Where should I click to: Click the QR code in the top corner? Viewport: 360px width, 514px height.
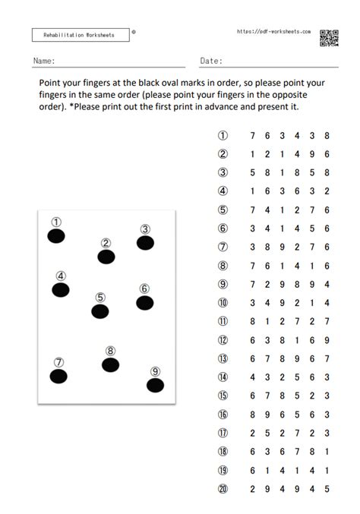[329, 36]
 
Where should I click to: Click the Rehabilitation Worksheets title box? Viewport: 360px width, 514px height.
[80, 35]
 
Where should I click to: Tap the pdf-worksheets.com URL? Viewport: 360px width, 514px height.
[274, 32]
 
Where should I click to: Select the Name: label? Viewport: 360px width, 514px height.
[43, 60]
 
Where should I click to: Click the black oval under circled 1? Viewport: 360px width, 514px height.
[56, 236]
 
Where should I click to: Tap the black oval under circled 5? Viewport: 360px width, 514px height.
[100, 311]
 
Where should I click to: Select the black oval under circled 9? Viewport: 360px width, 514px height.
[155, 385]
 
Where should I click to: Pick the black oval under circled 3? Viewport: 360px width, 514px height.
[145, 243]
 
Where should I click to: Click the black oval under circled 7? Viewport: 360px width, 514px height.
[58, 376]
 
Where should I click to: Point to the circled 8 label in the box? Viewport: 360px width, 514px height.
[110, 351]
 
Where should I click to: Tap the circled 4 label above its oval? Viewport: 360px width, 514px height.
[61, 276]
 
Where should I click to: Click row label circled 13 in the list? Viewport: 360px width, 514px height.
[223, 358]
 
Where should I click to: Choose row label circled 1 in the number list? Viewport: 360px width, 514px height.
[223, 135]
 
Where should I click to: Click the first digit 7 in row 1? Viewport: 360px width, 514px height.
[251, 135]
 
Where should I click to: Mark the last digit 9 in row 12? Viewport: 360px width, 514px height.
[326, 339]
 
